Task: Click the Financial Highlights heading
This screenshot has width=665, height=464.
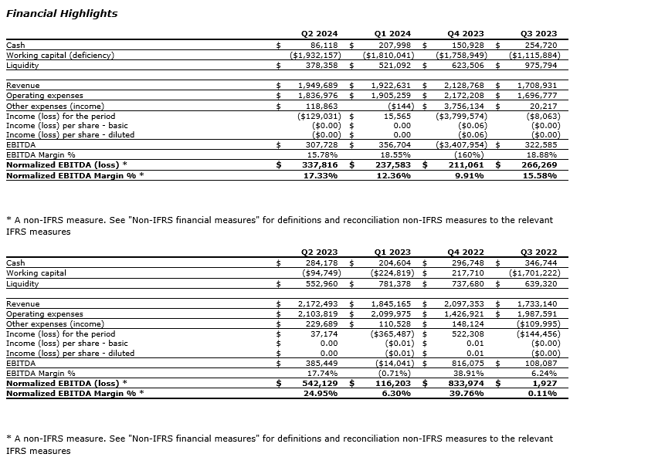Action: (62, 14)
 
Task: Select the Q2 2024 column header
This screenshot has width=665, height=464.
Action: (319, 34)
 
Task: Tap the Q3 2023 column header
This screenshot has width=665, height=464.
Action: (538, 34)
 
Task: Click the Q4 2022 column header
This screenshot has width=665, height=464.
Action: (466, 252)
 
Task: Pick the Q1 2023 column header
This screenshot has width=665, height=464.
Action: (392, 252)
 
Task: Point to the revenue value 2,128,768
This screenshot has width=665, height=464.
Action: (464, 86)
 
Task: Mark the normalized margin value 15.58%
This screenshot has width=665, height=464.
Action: (539, 175)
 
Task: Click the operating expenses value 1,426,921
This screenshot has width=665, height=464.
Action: (464, 314)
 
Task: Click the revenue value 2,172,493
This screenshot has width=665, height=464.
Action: (318, 304)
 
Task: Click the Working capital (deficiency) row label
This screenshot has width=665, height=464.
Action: (60, 56)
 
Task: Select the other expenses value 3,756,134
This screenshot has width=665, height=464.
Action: (464, 106)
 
